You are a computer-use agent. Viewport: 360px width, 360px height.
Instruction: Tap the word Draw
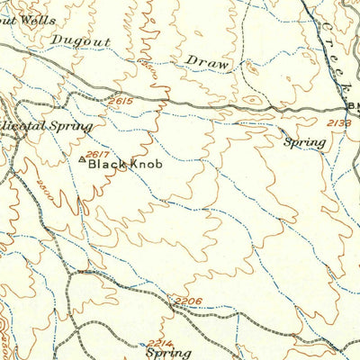208,61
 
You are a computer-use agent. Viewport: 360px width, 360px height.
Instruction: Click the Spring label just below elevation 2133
304,142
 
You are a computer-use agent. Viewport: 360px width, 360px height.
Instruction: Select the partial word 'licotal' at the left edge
21,128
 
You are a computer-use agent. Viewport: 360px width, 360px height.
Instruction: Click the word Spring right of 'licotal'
71,128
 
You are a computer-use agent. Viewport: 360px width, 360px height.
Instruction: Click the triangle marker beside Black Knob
83,162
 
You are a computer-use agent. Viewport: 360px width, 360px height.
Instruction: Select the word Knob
147,165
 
